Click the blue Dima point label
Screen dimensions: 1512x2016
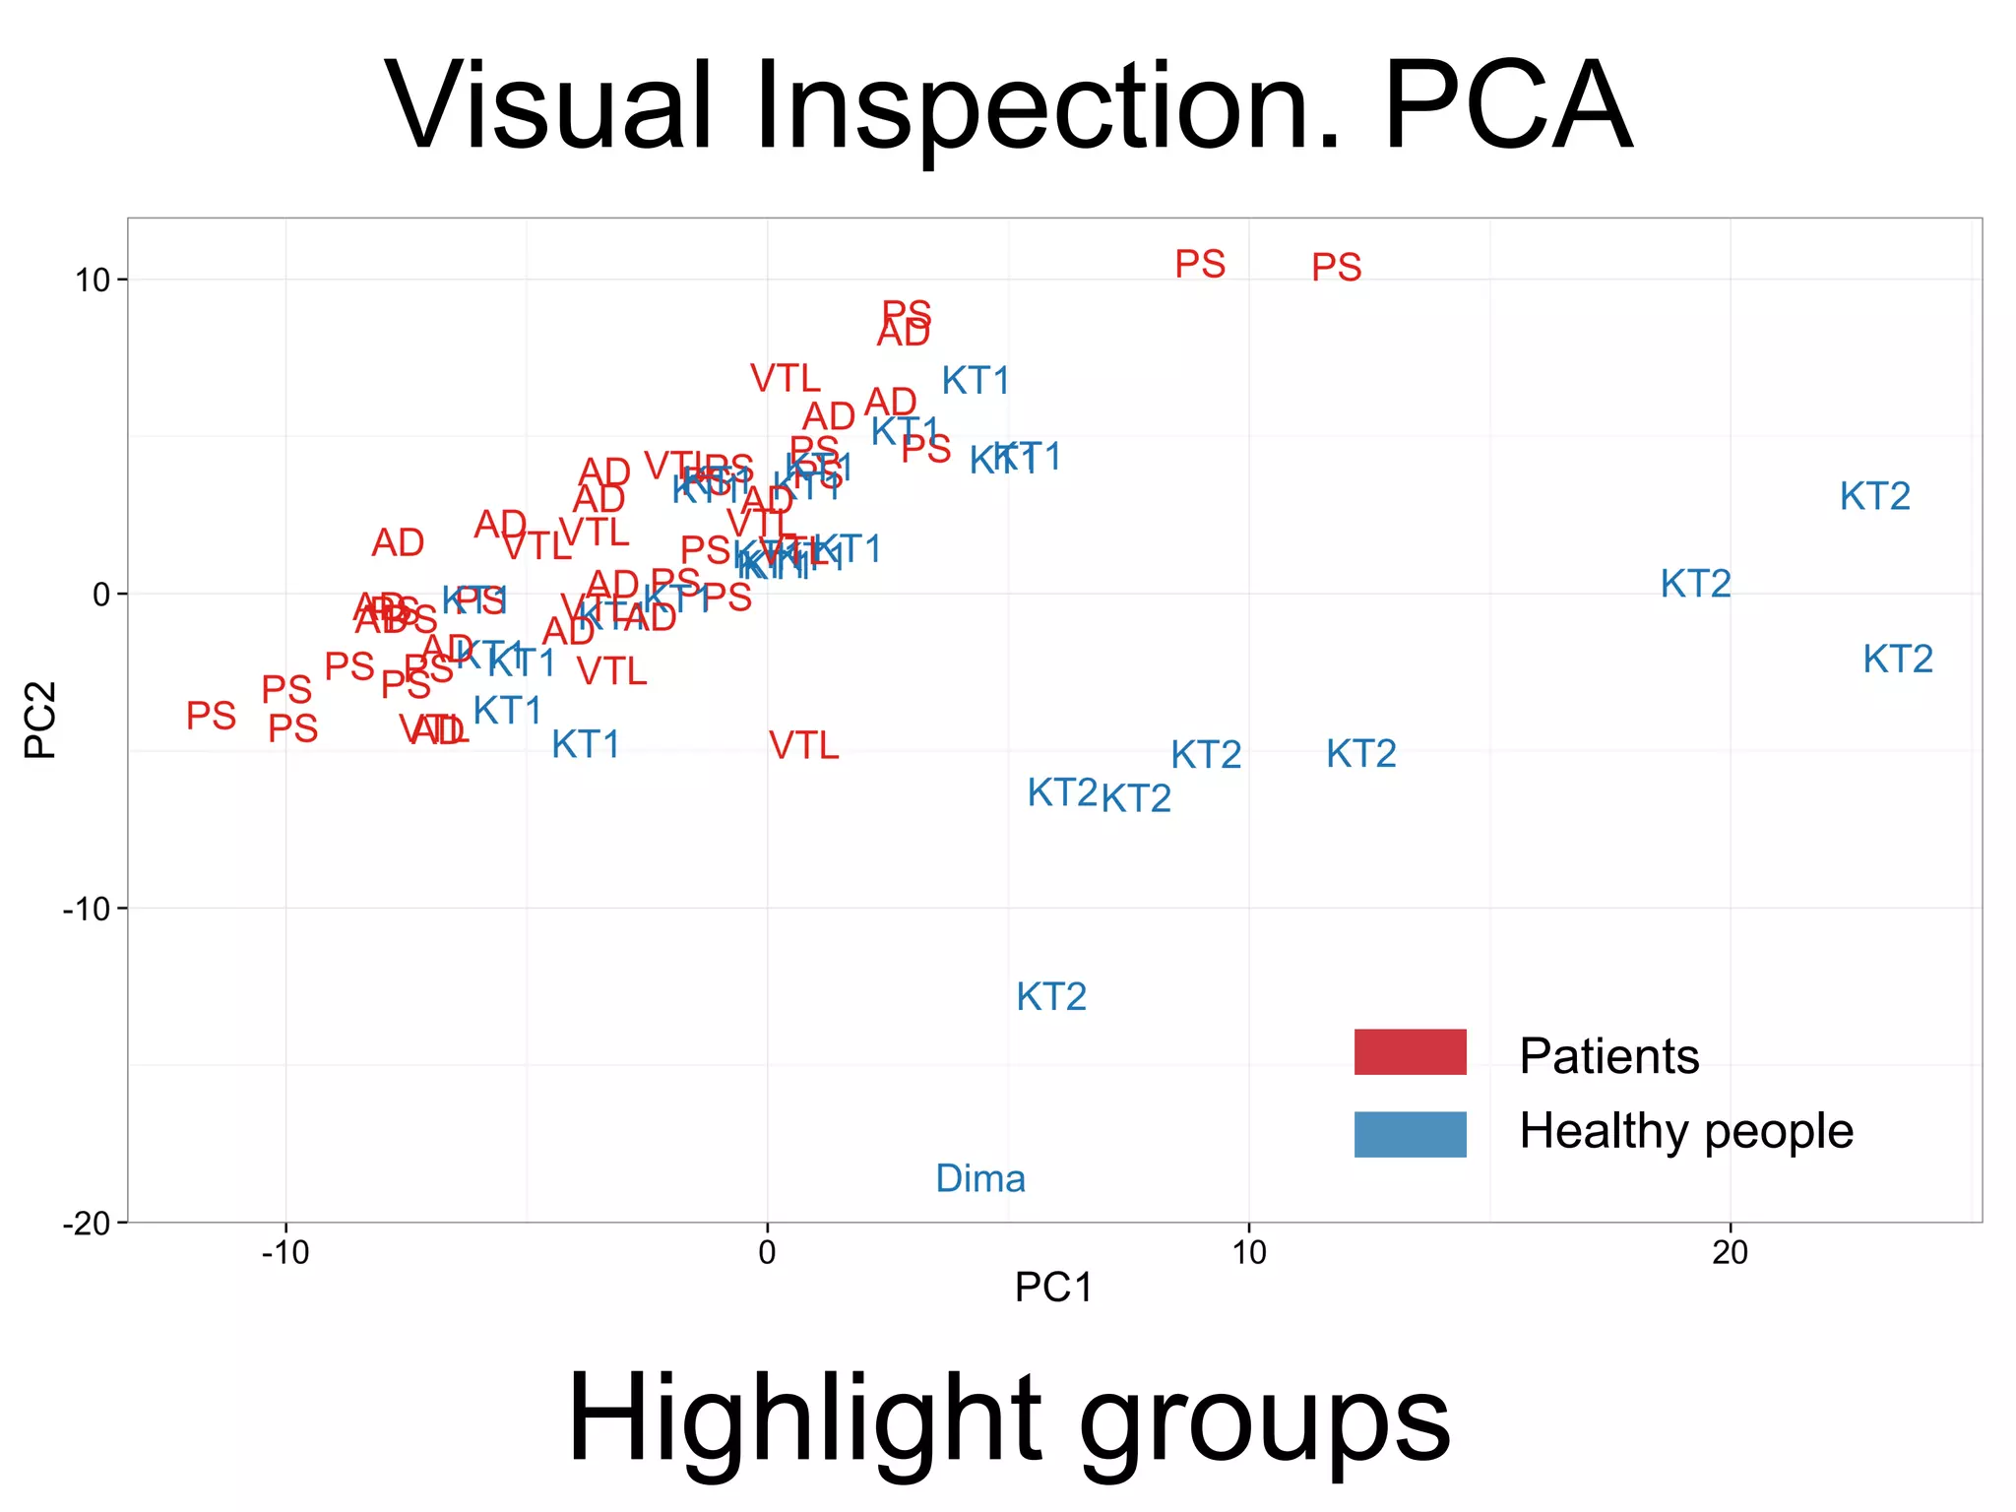click(980, 1178)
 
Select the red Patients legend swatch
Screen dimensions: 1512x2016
click(1410, 1051)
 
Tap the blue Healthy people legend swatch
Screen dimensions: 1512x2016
click(1410, 1134)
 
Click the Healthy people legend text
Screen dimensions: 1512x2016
click(1685, 1131)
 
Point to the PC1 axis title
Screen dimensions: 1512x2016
click(1053, 1288)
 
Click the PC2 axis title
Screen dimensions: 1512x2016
click(41, 720)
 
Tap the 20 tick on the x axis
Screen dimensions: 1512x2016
click(1730, 1252)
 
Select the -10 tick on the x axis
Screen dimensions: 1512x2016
click(285, 1252)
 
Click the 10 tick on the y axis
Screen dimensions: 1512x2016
click(94, 280)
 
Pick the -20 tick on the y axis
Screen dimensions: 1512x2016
click(87, 1223)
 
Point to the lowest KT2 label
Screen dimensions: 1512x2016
click(1051, 997)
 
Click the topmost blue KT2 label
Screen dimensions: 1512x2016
click(1874, 496)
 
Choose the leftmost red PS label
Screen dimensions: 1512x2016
click(212, 716)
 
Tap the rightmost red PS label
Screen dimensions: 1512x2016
click(1336, 267)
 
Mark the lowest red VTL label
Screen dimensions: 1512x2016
click(804, 746)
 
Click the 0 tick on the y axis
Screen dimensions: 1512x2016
click(101, 594)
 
